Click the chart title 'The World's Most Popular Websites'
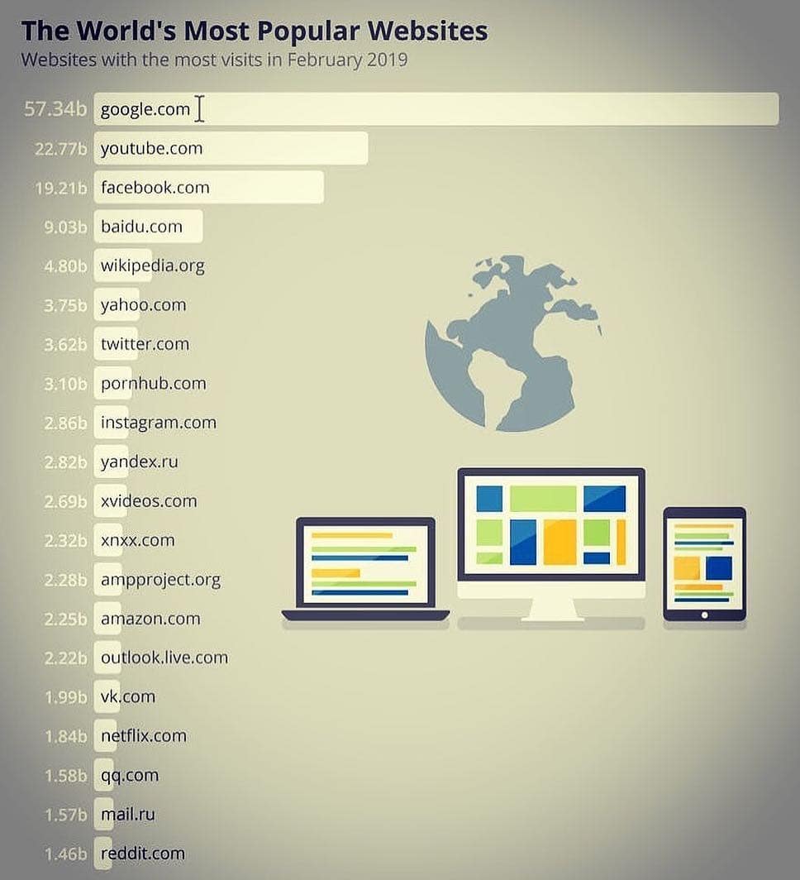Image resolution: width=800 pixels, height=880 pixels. point(254,31)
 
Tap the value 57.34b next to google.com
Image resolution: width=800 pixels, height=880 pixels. point(55,109)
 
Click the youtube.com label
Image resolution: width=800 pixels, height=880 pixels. point(151,148)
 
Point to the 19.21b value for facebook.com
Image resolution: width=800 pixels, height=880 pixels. point(60,188)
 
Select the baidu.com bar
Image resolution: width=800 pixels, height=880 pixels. point(148,226)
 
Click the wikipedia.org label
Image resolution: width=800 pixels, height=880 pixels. point(153,266)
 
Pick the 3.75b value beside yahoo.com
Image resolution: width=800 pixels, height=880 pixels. point(65,305)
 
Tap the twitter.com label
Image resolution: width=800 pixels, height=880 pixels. point(145,344)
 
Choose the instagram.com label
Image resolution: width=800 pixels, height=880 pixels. point(159,423)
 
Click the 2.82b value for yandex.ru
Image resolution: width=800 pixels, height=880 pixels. point(65,462)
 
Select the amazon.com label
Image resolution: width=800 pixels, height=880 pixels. point(150,619)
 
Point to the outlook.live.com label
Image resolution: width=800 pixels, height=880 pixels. point(164,658)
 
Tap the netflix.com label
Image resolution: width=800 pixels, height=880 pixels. point(144,736)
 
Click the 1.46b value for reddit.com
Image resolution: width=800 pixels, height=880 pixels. point(65,854)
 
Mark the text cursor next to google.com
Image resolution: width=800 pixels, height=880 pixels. point(199,108)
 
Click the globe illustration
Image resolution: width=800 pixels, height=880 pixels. point(513,343)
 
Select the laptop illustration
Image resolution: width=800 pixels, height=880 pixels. point(365,569)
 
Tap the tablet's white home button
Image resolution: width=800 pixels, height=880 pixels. point(705,615)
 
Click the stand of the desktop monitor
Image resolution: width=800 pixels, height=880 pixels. point(551,609)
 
